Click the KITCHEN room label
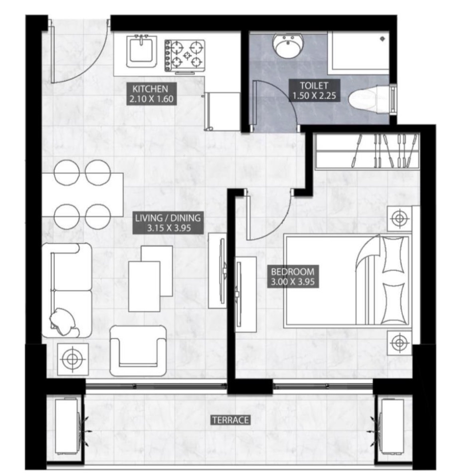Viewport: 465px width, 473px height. point(150,94)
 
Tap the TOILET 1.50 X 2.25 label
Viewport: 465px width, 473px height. point(314,90)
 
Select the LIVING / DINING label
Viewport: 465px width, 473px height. point(168,223)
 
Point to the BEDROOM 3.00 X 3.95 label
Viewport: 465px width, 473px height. point(293,276)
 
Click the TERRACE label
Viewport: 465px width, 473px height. point(231,420)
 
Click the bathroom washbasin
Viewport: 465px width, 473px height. point(288,46)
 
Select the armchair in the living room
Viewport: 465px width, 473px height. point(138,351)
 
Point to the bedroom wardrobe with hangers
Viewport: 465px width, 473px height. point(367,151)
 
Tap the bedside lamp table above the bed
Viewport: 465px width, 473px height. point(400,218)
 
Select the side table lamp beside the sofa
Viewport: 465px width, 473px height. point(73,359)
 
